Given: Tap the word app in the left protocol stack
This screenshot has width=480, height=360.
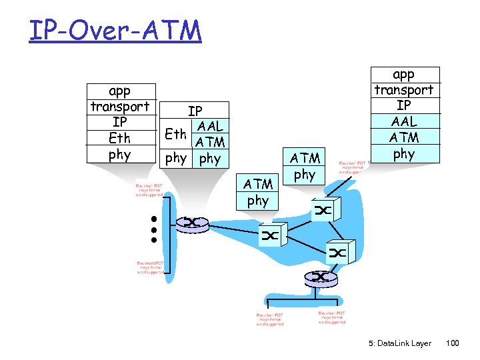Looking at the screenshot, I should (x=120, y=91).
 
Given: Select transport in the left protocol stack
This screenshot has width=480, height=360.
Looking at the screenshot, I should (x=120, y=107).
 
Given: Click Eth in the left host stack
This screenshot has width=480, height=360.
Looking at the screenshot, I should (x=120, y=139).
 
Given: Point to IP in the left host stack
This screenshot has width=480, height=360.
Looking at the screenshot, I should (x=120, y=123).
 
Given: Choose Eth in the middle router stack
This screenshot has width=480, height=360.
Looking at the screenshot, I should (x=175, y=134).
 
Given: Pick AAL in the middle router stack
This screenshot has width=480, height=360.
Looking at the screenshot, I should (x=209, y=126).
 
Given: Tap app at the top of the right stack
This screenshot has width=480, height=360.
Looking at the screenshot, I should (x=403, y=74).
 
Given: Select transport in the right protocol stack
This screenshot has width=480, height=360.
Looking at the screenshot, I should (x=403, y=90).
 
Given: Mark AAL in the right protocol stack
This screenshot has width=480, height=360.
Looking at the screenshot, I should (x=403, y=121).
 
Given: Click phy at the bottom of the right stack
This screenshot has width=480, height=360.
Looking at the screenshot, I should (x=403, y=154).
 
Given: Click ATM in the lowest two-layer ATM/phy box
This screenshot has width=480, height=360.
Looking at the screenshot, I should (x=258, y=184).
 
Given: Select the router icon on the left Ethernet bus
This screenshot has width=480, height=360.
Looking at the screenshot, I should (x=191, y=222).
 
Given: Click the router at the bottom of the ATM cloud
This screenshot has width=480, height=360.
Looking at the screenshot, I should (x=321, y=277).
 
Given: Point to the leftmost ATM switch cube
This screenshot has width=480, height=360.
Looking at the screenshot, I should (x=270, y=235).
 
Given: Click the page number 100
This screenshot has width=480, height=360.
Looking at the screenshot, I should (x=453, y=343).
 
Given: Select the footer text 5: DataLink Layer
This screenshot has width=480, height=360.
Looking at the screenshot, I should (x=400, y=343).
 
